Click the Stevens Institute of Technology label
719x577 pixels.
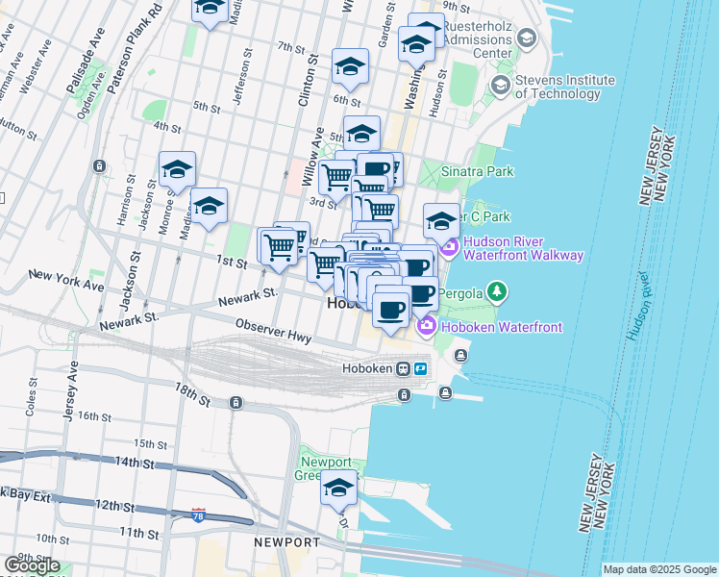click(x=564, y=86)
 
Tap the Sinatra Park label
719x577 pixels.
click(x=477, y=172)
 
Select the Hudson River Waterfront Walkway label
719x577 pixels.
click(x=523, y=248)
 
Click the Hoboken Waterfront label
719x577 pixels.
click(x=501, y=328)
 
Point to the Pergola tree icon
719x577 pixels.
click(x=496, y=289)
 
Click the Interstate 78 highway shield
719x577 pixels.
click(x=199, y=515)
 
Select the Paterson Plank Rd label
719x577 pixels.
click(x=136, y=48)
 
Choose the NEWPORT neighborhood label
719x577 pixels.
click(x=285, y=542)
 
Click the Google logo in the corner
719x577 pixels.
click(x=32, y=565)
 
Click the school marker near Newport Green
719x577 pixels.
click(x=338, y=489)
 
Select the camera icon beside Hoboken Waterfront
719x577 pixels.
click(x=426, y=328)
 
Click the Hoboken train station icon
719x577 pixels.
click(x=406, y=369)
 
